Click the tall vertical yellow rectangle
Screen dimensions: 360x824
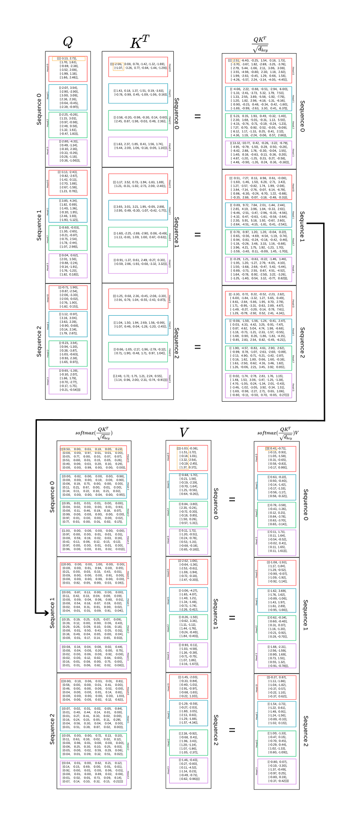[183, 457]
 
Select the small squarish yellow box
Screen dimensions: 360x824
[118, 67]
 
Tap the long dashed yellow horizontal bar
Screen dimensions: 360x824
[92, 449]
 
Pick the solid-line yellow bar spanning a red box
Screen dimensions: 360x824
[68, 59]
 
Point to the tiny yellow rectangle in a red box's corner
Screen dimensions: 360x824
[236, 61]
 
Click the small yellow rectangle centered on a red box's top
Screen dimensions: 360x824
[271, 448]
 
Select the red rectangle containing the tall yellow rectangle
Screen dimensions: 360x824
[189, 457]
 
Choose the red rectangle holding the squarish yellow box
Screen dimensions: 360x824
[138, 67]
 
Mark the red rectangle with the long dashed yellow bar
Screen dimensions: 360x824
[94, 458]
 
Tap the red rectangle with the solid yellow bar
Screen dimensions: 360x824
[68, 68]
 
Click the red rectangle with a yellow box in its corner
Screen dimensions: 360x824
[258, 71]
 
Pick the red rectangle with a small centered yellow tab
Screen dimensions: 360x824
[277, 459]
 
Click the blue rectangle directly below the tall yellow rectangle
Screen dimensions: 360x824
[189, 486]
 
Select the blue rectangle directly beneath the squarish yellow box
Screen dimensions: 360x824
[138, 94]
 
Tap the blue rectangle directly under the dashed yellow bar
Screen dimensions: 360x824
[94, 486]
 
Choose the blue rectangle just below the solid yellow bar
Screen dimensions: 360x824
[68, 97]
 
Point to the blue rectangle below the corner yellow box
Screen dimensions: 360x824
[258, 98]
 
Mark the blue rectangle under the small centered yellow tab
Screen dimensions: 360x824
[277, 487]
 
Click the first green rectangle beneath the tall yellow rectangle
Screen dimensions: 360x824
[189, 514]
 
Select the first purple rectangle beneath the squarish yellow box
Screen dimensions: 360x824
[138, 147]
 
